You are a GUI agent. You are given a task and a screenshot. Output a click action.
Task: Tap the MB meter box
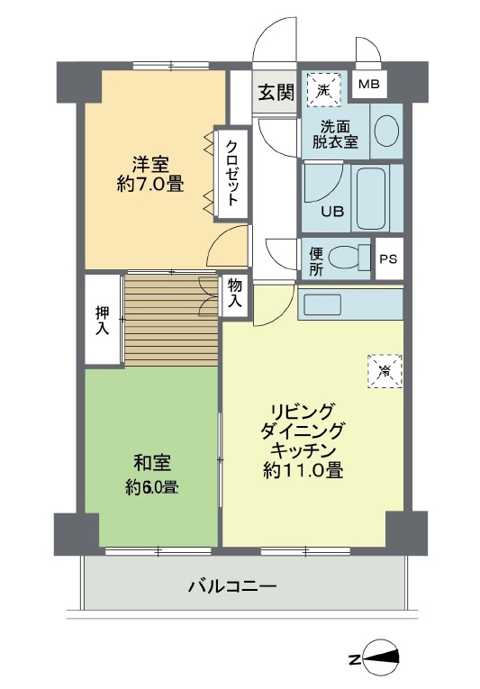pos(369,86)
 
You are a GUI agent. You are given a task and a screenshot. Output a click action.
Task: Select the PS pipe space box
pos(388,259)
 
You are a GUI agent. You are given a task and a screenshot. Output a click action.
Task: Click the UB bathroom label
pos(333,213)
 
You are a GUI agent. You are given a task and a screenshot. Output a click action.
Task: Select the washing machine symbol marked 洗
pos(324,88)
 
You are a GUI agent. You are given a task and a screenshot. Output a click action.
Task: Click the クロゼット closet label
pos(231,171)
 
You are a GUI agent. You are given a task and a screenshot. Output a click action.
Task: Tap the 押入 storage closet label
pos(103,321)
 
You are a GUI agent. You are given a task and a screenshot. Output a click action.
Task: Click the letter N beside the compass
pos(355,660)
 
